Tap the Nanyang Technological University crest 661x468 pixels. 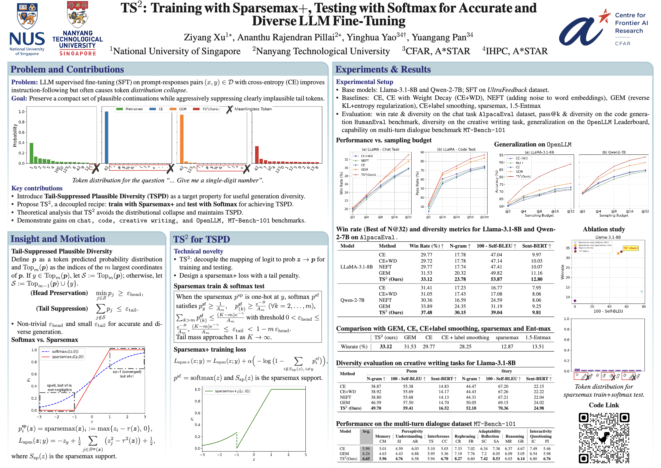[77, 15]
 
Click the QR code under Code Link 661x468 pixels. [604, 437]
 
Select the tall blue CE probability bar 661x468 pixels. [106, 137]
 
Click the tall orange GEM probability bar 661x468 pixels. [182, 139]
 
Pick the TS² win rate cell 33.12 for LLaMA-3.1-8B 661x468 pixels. [426, 279]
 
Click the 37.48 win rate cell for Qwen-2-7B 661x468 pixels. [426, 312]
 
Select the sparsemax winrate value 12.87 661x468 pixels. [507, 347]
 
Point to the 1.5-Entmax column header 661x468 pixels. [538, 337]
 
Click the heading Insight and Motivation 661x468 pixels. [58, 239]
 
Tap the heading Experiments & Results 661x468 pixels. [383, 69]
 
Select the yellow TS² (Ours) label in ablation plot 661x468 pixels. [631, 248]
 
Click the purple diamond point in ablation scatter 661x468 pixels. [575, 301]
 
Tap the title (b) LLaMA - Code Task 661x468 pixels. [456, 149]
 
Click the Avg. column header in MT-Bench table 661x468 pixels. [366, 431]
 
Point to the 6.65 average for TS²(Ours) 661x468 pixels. [366, 459]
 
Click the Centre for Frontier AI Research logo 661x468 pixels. [604, 28]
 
